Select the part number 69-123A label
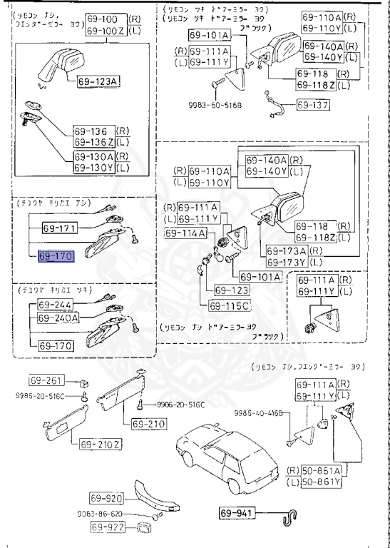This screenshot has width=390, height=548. (x=96, y=81)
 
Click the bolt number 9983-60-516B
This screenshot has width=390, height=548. (x=215, y=103)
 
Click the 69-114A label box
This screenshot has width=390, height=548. (x=185, y=233)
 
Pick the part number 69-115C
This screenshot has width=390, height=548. (x=228, y=306)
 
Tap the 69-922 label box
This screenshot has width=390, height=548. (x=107, y=527)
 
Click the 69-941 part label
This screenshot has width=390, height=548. (x=236, y=512)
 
